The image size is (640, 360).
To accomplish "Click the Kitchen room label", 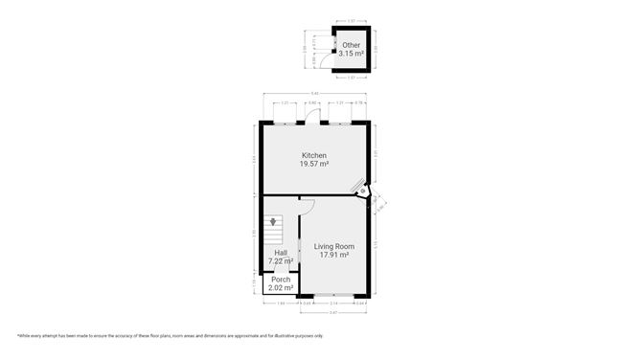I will (314, 155).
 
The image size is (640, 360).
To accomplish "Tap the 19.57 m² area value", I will (314, 164).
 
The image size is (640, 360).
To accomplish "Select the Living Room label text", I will (333, 246).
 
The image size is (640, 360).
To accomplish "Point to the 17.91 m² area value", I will (333, 255).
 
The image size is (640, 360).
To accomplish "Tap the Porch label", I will (281, 280).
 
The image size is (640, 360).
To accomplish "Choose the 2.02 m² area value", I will (281, 287).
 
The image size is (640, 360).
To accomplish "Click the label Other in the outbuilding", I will (352, 45).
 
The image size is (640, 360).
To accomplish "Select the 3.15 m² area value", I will (352, 54).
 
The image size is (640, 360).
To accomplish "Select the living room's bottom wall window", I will (333, 295).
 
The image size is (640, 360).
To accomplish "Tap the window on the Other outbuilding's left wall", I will (333, 42).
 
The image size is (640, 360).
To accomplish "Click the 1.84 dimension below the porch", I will (280, 304).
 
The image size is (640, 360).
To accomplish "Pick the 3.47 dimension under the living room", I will (333, 312).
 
